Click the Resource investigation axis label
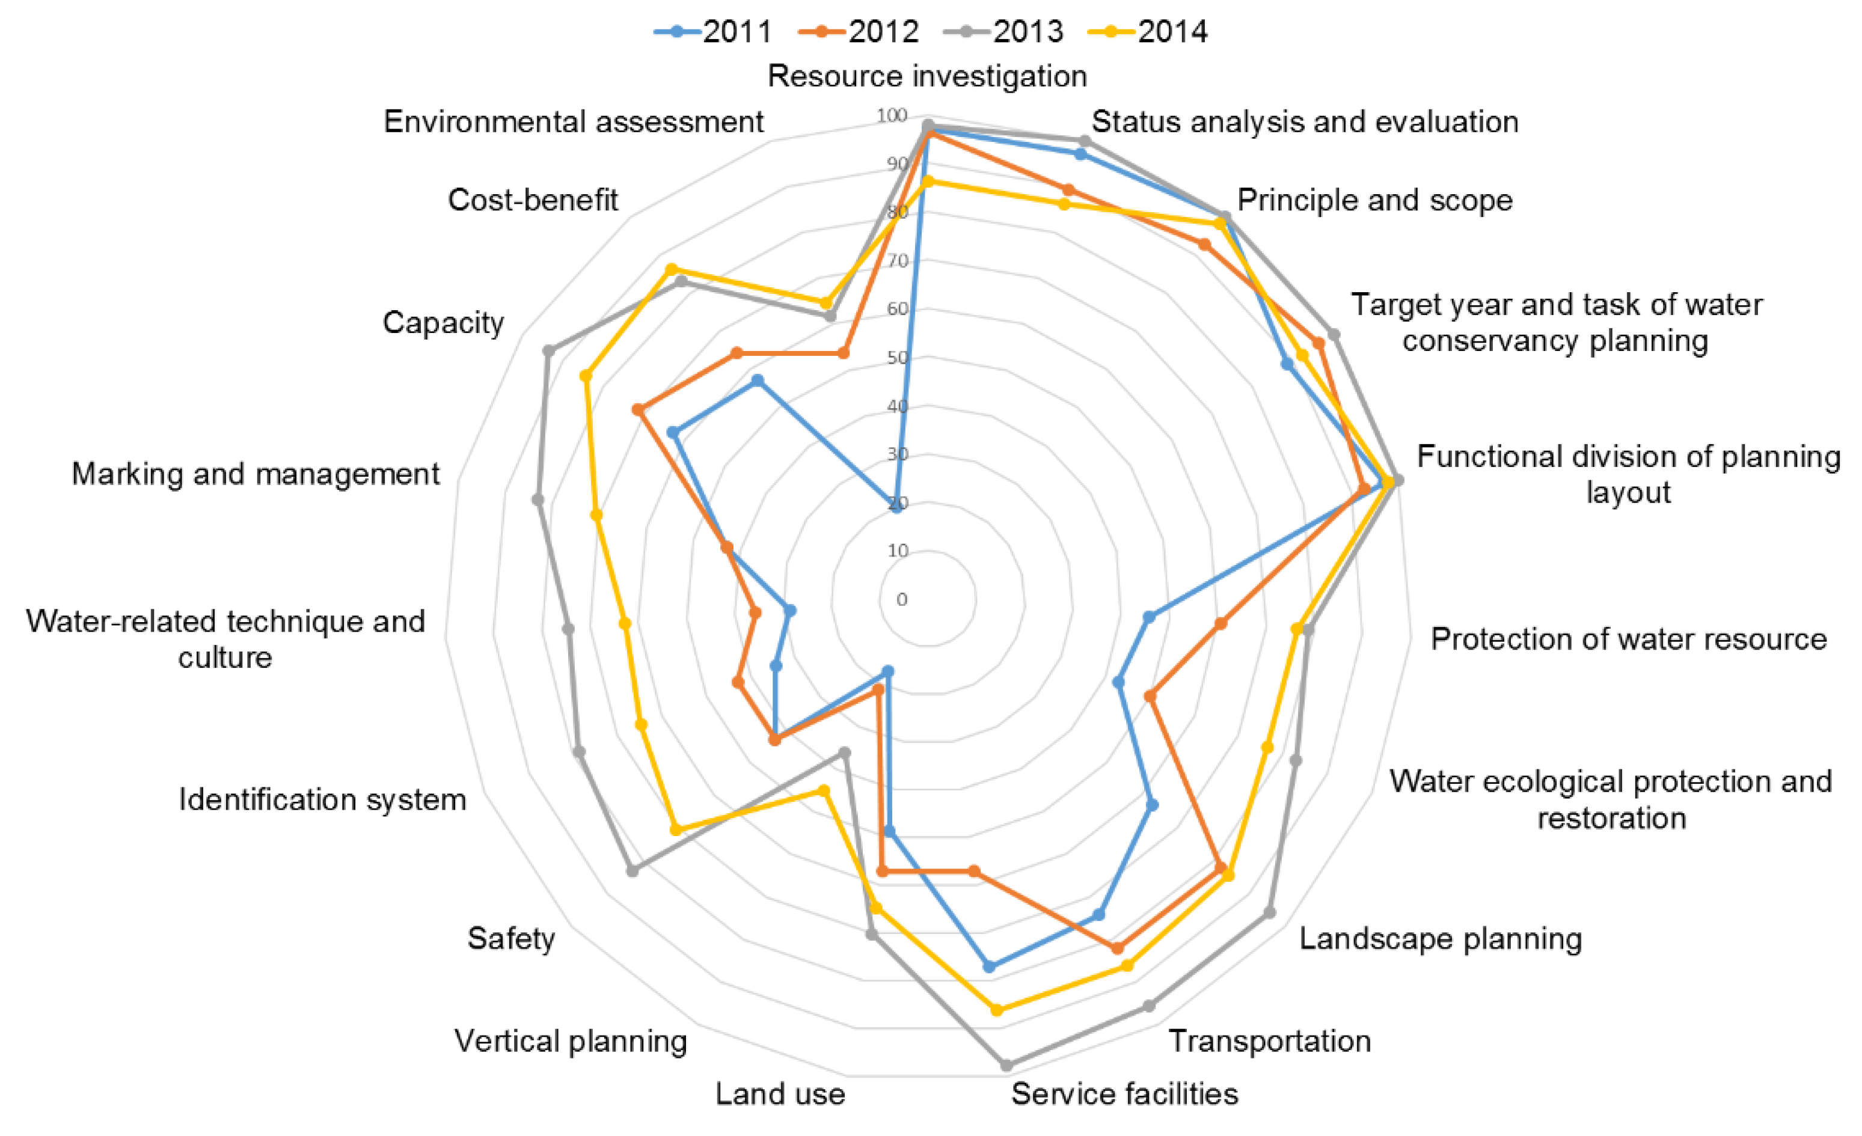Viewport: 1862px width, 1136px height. (927, 76)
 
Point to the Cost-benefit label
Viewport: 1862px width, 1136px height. (533, 200)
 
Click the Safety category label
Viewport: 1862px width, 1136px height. (511, 939)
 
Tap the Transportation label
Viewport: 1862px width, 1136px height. (1270, 1041)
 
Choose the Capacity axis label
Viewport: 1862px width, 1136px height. (443, 323)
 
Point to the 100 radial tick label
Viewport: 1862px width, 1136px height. (892, 115)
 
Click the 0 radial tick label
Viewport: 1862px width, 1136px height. (901, 600)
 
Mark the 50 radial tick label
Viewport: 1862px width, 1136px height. (897, 357)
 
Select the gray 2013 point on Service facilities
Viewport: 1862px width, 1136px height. (1006, 1066)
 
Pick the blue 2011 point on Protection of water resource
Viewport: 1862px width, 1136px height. (1148, 617)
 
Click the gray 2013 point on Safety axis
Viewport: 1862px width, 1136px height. (633, 871)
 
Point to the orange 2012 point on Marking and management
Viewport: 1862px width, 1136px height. (727, 548)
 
